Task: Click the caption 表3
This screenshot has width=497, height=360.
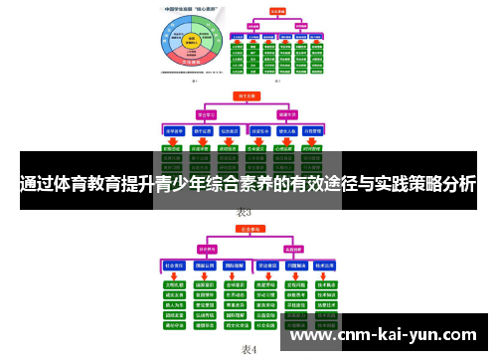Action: click(x=245, y=212)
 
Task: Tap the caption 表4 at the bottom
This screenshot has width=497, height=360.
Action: click(x=248, y=349)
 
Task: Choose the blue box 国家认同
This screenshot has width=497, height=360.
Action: click(x=206, y=266)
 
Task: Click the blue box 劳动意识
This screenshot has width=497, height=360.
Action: click(x=265, y=266)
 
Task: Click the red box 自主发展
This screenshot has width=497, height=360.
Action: click(x=245, y=97)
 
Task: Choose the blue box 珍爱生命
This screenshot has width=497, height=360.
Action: click(x=261, y=130)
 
